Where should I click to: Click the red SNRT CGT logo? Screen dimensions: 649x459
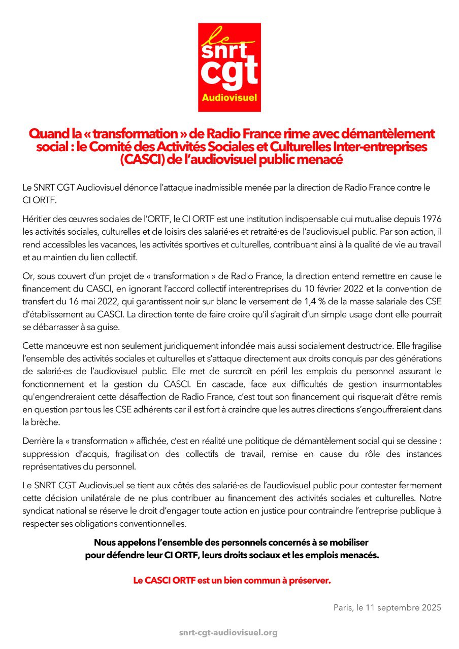point(229,67)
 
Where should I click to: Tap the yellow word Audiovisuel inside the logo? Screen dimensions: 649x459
point(229,97)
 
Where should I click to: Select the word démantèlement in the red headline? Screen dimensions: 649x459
point(385,134)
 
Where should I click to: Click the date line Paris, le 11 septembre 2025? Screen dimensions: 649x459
point(387,607)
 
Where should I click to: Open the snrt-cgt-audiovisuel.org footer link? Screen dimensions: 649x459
point(228,632)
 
